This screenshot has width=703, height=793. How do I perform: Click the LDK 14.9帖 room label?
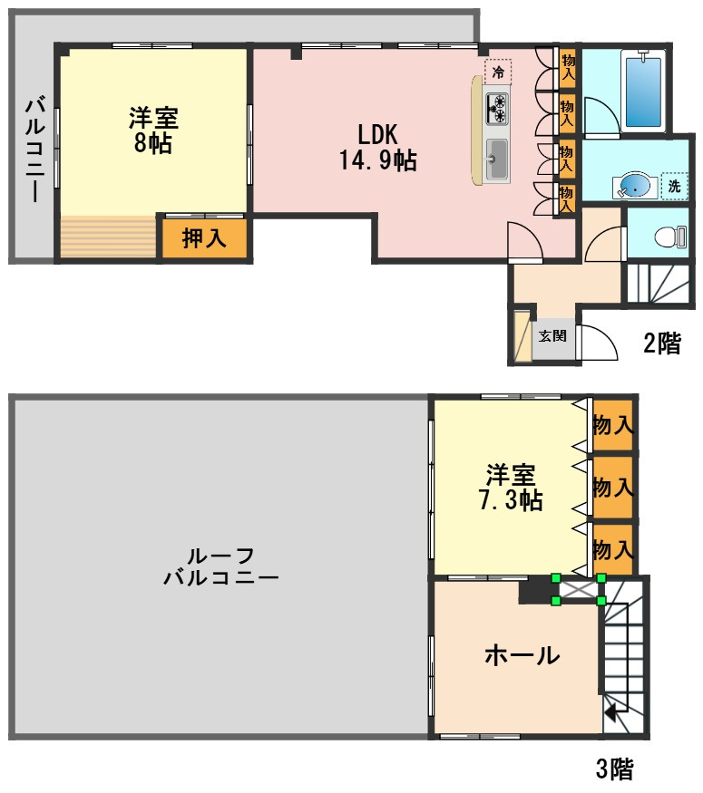377,147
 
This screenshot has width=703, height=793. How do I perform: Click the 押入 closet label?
204,239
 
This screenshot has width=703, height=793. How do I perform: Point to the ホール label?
521,655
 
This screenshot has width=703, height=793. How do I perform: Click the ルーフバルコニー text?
220,566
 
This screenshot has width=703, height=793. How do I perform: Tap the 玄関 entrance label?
552,335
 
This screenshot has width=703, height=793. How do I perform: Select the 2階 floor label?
661,343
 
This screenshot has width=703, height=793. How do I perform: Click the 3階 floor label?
614,769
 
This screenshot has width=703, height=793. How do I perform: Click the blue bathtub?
643,90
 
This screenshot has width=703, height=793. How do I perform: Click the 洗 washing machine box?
674,186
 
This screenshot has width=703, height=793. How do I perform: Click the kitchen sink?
497,160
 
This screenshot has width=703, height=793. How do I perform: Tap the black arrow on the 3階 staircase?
611,710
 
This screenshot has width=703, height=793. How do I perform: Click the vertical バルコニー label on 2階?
32,150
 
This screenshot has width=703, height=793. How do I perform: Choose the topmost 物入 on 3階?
612,424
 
